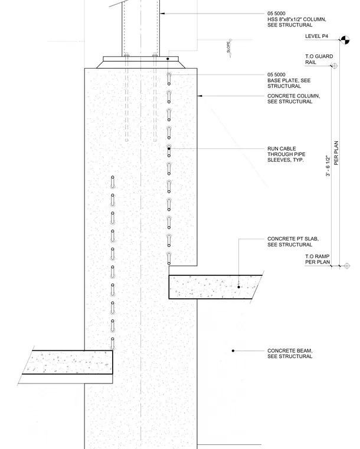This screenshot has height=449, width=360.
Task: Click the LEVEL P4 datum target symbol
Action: point(345,40)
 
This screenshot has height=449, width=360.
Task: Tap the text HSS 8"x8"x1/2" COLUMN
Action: point(296,19)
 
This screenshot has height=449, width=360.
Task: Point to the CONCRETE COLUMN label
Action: point(294,99)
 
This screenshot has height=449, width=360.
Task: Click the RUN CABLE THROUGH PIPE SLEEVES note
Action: point(286,154)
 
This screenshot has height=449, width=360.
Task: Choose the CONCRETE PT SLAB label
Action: point(293,242)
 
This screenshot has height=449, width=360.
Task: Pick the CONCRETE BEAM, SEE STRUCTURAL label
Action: point(290,353)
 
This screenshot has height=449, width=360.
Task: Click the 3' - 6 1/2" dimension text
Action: point(328,166)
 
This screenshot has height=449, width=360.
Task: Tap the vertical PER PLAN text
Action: point(336,153)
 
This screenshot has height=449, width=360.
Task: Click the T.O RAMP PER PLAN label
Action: point(317,259)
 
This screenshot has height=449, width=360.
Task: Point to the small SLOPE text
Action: point(228,47)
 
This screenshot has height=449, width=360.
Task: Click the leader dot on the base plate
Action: point(168,59)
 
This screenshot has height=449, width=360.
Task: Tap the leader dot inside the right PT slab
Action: point(239,287)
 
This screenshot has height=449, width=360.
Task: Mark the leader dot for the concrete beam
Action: point(233,351)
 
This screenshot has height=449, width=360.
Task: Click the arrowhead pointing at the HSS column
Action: point(162,14)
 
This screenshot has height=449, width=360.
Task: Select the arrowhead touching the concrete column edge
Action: point(200,96)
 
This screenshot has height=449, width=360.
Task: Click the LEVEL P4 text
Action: point(316,36)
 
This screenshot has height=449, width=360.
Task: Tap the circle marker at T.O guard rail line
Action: point(335,66)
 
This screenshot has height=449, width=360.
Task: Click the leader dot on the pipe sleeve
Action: point(169,149)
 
